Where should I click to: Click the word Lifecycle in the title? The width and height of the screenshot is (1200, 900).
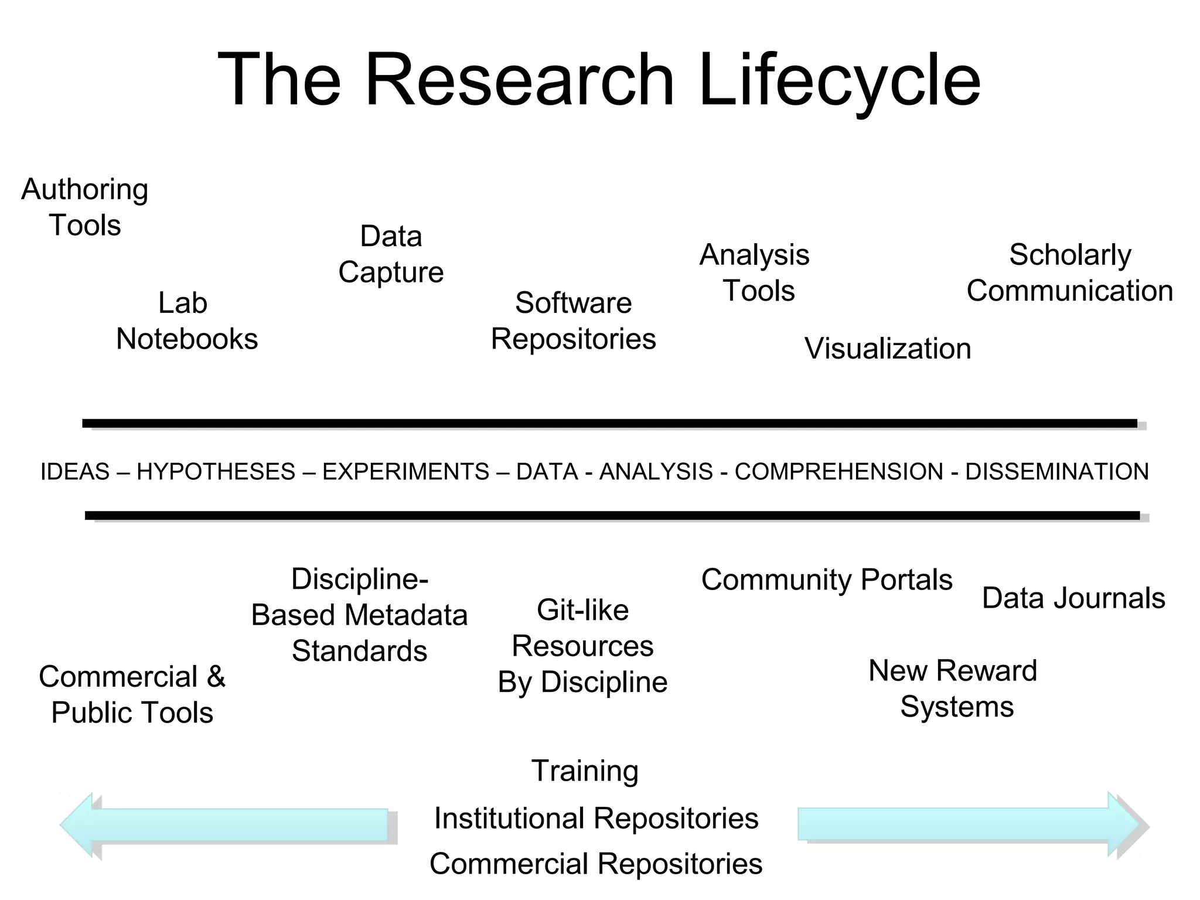coord(839,80)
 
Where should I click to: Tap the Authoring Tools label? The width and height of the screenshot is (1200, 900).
coord(85,207)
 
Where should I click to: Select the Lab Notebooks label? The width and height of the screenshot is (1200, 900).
coord(186,321)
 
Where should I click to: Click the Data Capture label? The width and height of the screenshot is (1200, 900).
coord(391,254)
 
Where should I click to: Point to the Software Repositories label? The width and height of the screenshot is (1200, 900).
coord(573,321)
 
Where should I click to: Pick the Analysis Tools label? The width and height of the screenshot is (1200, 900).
coord(755,272)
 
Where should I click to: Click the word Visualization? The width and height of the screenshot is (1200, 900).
coord(888,349)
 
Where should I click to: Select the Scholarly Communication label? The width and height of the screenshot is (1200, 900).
coord(1069,272)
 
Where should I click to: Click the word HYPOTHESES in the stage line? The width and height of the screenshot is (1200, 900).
coord(216,472)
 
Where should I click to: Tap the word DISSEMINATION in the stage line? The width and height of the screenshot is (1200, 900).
coord(1056,472)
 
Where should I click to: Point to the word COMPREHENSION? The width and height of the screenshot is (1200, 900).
coord(838,472)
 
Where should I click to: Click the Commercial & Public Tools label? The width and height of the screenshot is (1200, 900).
coord(132,694)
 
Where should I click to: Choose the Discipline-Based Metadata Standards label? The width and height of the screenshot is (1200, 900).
coord(359,615)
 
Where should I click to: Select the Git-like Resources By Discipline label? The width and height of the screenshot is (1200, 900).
coord(582,646)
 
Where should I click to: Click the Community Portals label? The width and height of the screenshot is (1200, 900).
coord(826,580)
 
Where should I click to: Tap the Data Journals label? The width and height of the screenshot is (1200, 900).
coord(1073,598)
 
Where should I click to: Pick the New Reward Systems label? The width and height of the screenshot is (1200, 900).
coord(953,688)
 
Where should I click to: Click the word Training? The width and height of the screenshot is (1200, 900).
coord(585,771)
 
